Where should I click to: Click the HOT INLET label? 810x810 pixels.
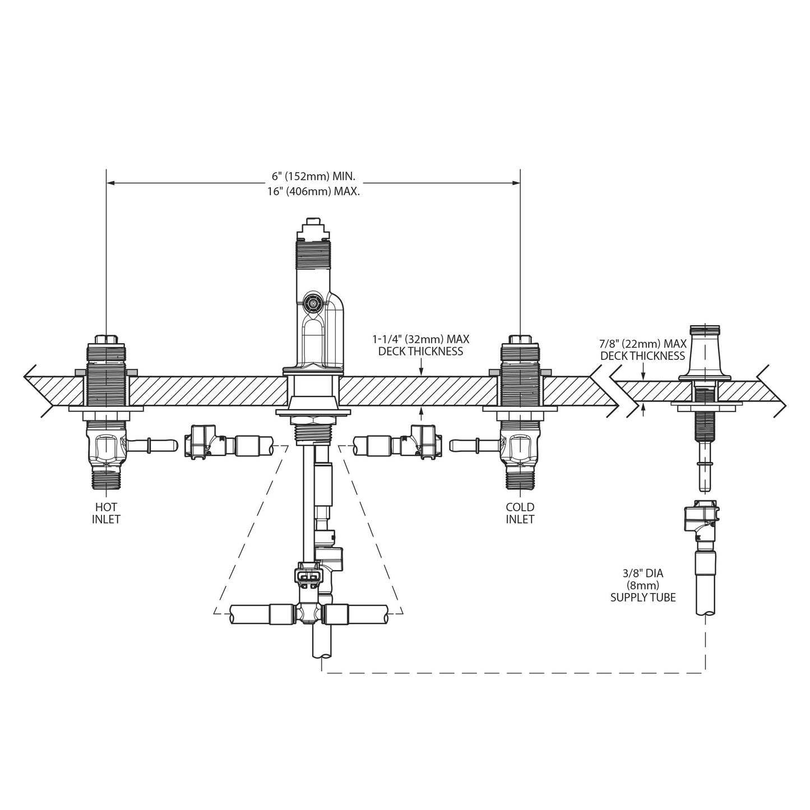[x=106, y=513]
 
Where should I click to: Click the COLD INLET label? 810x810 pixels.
[x=520, y=513]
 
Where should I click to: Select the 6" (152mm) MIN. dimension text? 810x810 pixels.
[x=313, y=177]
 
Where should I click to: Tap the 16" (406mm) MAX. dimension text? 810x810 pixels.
[x=313, y=191]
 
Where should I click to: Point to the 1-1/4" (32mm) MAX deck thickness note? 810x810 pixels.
[x=420, y=345]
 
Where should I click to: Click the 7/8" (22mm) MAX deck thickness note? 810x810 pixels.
[x=642, y=350]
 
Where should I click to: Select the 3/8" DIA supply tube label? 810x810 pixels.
[x=642, y=585]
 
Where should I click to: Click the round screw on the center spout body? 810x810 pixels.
[x=310, y=304]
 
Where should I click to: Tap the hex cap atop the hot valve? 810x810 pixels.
[x=106, y=340]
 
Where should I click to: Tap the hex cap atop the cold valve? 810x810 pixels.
[x=520, y=340]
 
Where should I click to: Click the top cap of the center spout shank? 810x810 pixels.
[x=313, y=228]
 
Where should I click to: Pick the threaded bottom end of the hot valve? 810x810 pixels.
[x=106, y=477]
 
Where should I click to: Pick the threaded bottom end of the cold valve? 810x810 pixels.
[x=520, y=477]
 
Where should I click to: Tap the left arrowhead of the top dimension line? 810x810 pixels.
[x=111, y=182]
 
